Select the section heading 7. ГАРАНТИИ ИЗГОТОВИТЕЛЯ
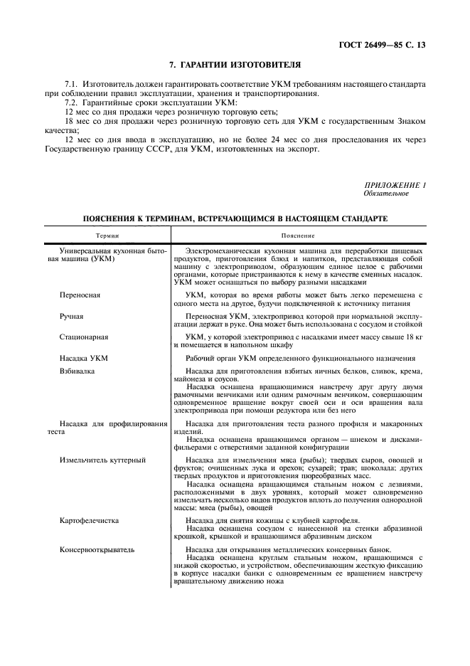(x=235, y=65)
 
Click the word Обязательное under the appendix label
(x=386, y=193)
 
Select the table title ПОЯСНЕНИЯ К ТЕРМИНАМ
(x=235, y=219)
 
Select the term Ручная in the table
(x=72, y=314)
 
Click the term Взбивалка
(x=78, y=371)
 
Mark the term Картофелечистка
(x=90, y=521)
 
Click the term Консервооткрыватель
(x=97, y=550)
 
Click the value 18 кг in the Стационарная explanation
(x=415, y=336)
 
